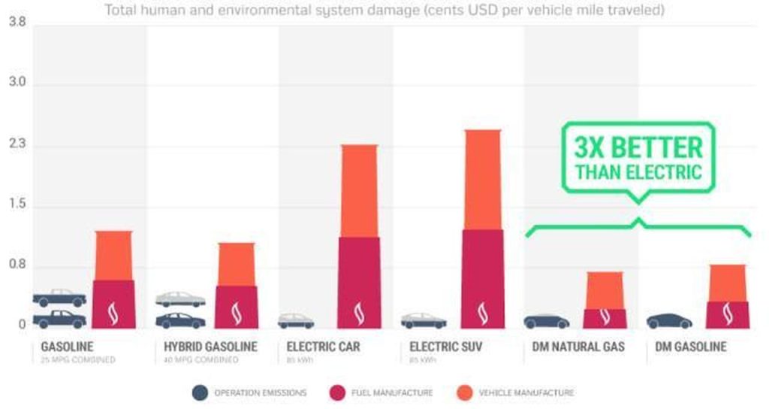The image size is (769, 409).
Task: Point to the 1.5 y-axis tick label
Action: pyautogui.click(x=17, y=205)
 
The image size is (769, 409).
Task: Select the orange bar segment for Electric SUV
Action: pyautogui.click(x=481, y=180)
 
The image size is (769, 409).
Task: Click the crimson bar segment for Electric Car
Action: pyautogui.click(x=357, y=282)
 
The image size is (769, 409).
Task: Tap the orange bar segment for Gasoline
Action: pyautogui.click(x=114, y=256)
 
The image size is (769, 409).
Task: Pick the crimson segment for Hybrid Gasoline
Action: pyautogui.click(x=237, y=307)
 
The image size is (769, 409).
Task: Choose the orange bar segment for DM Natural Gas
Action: pyautogui.click(x=605, y=290)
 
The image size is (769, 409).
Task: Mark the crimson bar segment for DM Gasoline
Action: pyautogui.click(x=728, y=314)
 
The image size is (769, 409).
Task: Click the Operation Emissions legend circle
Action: pyautogui.click(x=201, y=392)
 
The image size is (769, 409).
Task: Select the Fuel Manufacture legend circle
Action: pyautogui.click(x=338, y=392)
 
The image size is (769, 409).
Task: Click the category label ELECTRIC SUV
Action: pyautogui.click(x=446, y=347)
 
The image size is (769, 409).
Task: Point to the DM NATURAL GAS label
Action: pyautogui.click(x=574, y=347)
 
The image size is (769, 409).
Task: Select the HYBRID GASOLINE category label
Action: pyautogui.click(x=210, y=347)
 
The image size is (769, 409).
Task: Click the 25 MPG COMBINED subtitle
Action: pyautogui.click(x=78, y=360)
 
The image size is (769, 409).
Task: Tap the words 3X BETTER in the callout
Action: pyautogui.click(x=638, y=147)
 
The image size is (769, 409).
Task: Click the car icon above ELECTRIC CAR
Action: pyautogui.click(x=296, y=321)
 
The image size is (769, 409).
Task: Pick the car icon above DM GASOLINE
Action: pyautogui.click(x=669, y=321)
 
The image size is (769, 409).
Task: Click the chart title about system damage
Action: pyautogui.click(x=384, y=10)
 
